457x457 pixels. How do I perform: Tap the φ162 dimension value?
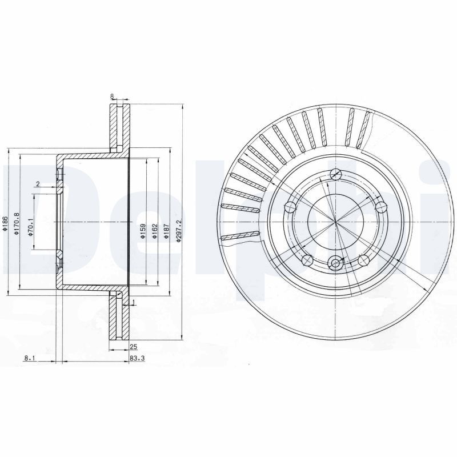pyautogui.click(x=154, y=231)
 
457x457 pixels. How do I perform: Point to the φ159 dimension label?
pyautogui.click(x=143, y=231)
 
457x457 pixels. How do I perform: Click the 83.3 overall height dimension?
pyautogui.click(x=135, y=359)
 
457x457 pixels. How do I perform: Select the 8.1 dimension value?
pyautogui.click(x=30, y=359)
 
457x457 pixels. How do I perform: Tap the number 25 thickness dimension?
pyautogui.click(x=133, y=347)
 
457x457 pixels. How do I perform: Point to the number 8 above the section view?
pyautogui.click(x=113, y=97)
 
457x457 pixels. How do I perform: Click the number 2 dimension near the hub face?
pyautogui.click(x=37, y=183)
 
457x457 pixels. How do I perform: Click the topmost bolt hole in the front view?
pyautogui.click(x=336, y=175)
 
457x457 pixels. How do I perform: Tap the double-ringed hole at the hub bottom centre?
pyautogui.click(x=335, y=263)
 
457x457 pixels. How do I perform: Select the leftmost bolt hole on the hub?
pyautogui.click(x=290, y=207)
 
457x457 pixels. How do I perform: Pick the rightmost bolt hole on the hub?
pyautogui.click(x=380, y=207)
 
